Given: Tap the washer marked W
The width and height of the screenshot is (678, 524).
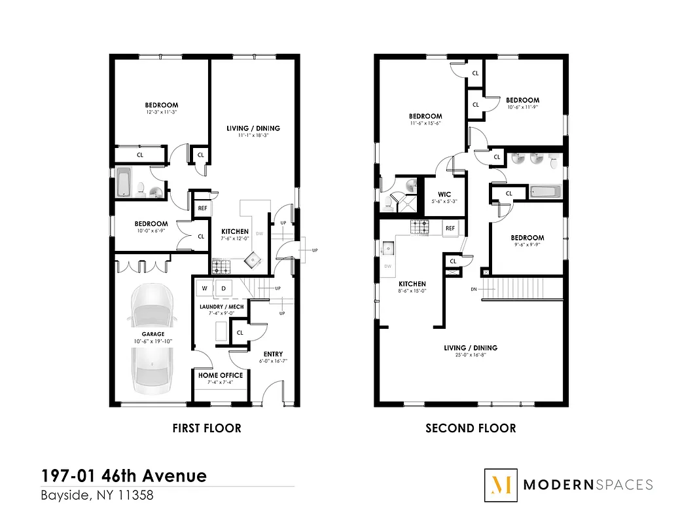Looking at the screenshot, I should click(204, 288).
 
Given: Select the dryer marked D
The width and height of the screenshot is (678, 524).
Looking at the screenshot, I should click(223, 288).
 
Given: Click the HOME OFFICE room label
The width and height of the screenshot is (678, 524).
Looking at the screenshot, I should click(221, 375).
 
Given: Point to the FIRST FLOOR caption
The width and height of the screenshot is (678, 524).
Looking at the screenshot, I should click(207, 428).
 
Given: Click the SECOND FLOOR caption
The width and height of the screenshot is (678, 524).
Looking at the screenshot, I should click(471, 428).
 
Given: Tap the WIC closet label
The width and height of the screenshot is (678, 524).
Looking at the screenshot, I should click(444, 195).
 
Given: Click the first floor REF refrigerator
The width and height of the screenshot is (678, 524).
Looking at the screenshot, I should click(202, 208).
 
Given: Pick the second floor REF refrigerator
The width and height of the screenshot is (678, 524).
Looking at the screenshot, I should click(450, 228).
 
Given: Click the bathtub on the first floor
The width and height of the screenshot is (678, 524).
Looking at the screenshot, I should click(124, 183).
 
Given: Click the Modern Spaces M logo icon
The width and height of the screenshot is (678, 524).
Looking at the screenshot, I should click(501, 485).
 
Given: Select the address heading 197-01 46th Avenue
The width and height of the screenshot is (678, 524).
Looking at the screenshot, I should click(124, 476).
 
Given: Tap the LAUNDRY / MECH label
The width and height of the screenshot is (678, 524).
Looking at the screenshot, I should click(221, 307).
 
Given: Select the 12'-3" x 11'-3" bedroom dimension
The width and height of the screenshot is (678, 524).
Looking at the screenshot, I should click(162, 113).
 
